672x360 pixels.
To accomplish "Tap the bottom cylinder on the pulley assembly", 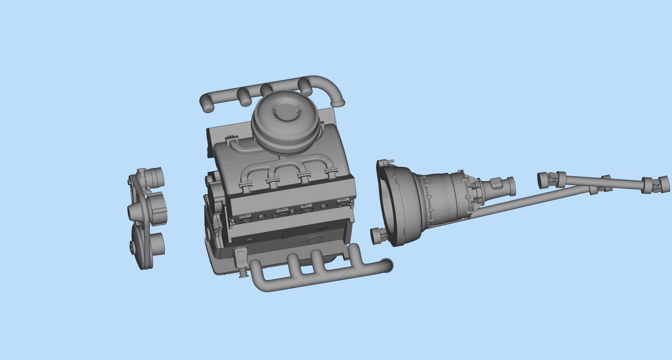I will (158, 244).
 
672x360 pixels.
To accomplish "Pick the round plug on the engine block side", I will (313, 240).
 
